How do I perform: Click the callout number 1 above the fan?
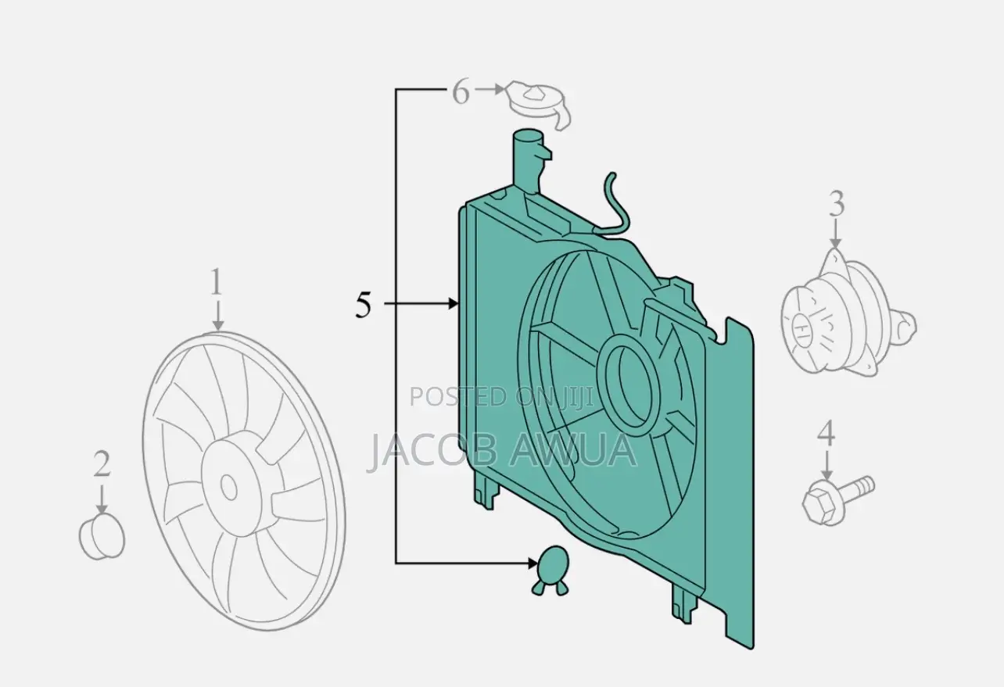point(217,281)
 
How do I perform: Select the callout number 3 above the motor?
point(835,203)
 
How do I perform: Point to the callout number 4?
point(826,433)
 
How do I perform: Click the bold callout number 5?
point(364,304)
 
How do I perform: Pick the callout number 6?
point(461,92)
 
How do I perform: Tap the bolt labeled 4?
point(837,500)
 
